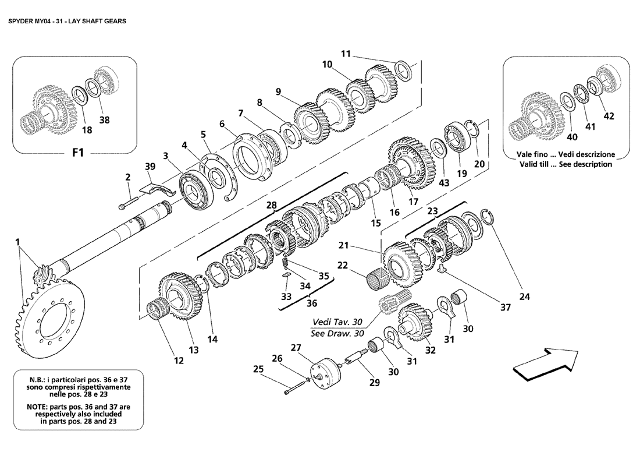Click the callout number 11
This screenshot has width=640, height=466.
[x=346, y=54]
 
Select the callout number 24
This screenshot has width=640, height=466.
[x=525, y=296]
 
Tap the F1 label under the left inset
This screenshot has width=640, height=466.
[x=78, y=154]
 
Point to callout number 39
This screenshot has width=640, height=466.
[x=151, y=167]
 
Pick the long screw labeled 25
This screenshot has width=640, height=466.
[x=296, y=387]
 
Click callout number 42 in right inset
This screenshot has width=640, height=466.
[x=608, y=116]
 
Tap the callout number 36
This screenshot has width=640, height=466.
[x=311, y=303]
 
